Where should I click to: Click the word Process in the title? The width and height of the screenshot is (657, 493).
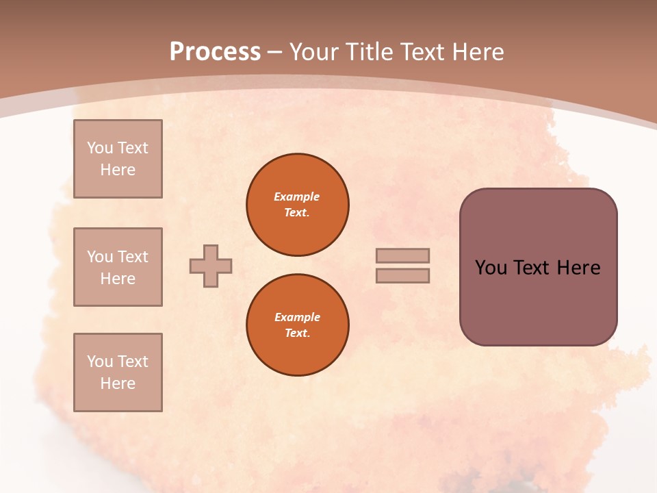click(x=215, y=52)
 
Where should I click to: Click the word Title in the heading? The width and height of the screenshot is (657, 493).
click(x=368, y=52)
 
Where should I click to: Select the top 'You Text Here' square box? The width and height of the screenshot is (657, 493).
click(x=118, y=159)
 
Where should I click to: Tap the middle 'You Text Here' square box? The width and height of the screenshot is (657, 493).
click(x=118, y=267)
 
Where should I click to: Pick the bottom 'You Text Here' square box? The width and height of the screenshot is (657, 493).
click(x=118, y=372)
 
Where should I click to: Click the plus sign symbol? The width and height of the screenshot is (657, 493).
click(x=211, y=266)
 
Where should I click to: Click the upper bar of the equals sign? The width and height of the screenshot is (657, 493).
click(x=402, y=255)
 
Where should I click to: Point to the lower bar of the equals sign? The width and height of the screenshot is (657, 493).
click(x=402, y=275)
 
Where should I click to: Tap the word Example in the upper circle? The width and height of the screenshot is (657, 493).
click(x=297, y=197)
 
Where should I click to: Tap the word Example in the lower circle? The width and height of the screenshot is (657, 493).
click(x=297, y=317)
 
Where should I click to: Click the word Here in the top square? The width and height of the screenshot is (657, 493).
click(x=118, y=170)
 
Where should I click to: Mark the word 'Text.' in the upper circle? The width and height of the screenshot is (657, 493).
click(x=297, y=212)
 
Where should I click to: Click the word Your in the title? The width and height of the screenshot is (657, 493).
click(x=315, y=52)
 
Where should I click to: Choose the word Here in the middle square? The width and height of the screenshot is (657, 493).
click(x=118, y=279)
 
